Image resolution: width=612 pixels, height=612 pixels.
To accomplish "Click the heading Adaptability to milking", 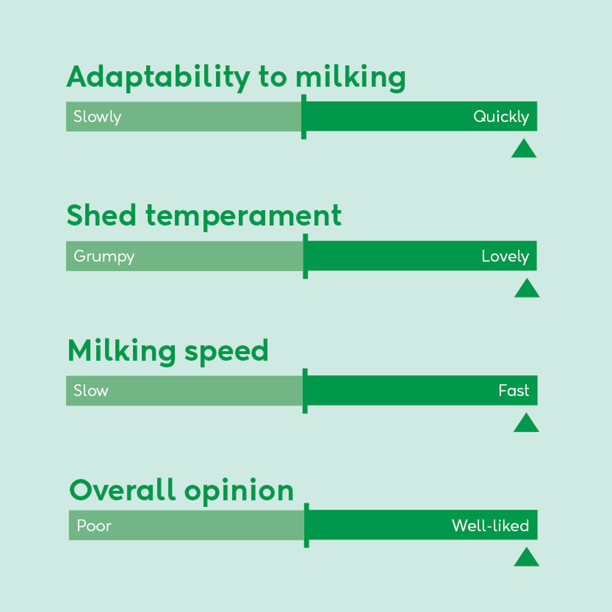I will click(236, 77).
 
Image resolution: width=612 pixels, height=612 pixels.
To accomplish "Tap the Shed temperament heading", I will click(204, 215).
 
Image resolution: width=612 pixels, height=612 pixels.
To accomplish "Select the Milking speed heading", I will click(168, 351).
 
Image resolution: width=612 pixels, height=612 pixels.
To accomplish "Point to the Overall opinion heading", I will click(181, 490).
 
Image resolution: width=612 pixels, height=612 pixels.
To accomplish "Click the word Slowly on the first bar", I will click(97, 117).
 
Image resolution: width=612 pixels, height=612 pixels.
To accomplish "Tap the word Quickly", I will click(501, 117).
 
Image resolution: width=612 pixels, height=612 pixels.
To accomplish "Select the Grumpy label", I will click(104, 256).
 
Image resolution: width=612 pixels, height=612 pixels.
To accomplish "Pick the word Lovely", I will click(505, 256).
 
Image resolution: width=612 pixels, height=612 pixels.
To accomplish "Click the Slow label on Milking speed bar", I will click(91, 391).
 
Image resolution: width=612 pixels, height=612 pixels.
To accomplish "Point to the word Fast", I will click(514, 391).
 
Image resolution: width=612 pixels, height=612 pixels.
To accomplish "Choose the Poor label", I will click(94, 526).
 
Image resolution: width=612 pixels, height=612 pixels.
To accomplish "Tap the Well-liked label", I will click(490, 526).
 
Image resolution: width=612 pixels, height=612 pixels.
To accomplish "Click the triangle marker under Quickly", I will click(524, 150).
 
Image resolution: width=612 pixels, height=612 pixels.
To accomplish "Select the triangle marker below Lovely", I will click(527, 289).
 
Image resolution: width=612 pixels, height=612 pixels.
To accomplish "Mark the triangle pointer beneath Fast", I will click(526, 423).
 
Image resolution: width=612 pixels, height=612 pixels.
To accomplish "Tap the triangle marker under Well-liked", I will click(526, 558).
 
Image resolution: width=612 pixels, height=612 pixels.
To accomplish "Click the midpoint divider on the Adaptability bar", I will click(304, 117).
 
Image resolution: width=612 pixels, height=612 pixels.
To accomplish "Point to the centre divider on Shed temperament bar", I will click(305, 256).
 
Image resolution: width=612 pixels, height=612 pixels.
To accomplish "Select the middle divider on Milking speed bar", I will click(305, 391).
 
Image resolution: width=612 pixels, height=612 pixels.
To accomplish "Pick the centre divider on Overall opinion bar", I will click(307, 526).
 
